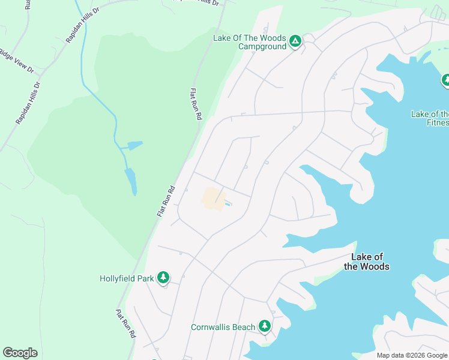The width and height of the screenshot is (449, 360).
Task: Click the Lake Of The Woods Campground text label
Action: pos(250,42)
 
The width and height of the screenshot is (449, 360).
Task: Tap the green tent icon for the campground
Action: pos(295,41)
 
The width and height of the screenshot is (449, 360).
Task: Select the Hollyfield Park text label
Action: pos(127,278)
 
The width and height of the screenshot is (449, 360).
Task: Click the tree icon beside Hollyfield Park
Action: pos(162,277)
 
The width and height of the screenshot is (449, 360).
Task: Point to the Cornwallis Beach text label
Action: pos(223,327)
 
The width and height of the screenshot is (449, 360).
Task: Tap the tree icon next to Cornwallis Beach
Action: pos(264,326)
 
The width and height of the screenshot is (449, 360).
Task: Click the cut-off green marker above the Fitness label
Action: pos(446,80)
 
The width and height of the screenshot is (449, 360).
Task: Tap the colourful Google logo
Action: pos(20,353)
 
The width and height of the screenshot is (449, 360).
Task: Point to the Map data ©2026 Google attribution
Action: pos(411,355)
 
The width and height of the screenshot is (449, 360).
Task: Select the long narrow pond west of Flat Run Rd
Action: pos(131,181)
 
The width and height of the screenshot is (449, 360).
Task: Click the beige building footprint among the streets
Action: pos(213,199)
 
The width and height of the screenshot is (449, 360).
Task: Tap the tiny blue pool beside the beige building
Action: pos(229,205)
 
